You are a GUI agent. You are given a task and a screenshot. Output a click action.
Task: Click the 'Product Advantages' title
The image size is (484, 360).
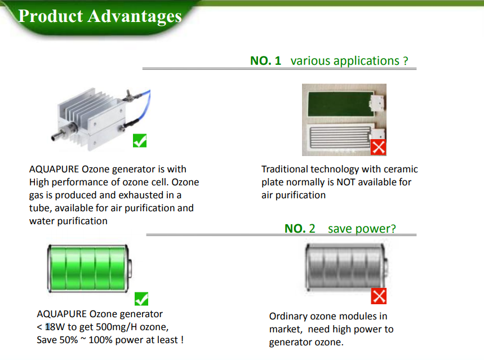point(100,16)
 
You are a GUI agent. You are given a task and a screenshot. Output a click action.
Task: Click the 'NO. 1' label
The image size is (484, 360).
point(265,60)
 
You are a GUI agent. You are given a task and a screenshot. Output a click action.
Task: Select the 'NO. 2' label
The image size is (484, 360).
point(300,229)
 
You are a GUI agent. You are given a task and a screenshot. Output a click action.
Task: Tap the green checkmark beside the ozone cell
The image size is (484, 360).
point(140,140)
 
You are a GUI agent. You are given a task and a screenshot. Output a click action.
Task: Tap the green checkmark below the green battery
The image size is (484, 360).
point(141,299)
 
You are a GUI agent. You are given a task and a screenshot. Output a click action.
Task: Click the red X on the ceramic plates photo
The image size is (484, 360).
point(379,147)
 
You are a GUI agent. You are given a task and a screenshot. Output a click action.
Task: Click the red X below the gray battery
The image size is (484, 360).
point(379,296)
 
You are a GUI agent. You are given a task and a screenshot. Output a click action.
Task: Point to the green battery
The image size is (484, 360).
point(90,268)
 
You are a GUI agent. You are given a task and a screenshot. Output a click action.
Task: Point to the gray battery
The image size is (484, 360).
point(347,266)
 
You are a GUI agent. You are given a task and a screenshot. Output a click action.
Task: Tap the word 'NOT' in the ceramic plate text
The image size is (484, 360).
point(346,182)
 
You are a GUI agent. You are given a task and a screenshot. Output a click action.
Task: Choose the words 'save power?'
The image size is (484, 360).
point(362,229)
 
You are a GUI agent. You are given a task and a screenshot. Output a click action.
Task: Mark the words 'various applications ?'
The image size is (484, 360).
point(349,61)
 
